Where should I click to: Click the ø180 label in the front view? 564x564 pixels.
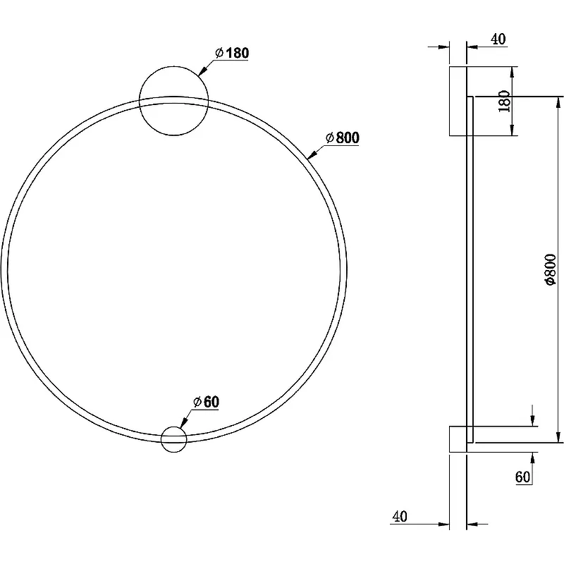(232, 53)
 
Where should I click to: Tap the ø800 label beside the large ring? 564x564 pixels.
(343, 137)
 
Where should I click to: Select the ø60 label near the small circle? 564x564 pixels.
(206, 402)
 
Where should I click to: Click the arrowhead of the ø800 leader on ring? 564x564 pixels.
(312, 154)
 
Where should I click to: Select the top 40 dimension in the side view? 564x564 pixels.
(498, 39)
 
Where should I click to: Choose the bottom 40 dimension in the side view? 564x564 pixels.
(400, 517)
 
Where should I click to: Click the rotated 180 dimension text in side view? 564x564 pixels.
(504, 101)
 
